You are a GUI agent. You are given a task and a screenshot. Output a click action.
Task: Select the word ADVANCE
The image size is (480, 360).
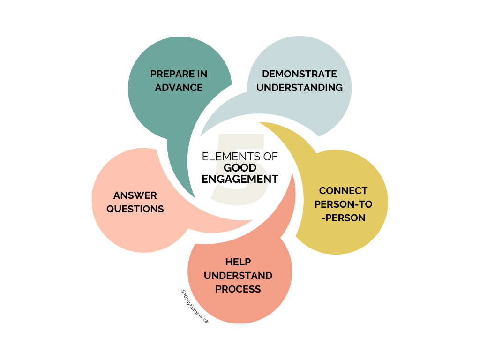click(179, 88)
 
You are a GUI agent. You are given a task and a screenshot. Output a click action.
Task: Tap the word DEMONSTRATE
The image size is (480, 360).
click(299, 74)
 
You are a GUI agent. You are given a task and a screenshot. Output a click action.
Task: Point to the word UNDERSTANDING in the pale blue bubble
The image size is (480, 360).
click(299, 88)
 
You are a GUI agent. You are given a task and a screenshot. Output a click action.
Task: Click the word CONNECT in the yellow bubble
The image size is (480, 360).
click(343, 191)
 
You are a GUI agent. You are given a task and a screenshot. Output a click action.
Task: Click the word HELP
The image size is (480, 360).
click(238, 262)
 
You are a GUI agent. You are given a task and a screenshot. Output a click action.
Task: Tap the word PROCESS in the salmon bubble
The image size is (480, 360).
click(238, 289)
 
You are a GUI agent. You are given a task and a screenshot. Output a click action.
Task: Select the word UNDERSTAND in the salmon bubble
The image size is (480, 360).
click(238, 275)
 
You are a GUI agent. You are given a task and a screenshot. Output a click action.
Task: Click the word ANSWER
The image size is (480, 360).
click(135, 195)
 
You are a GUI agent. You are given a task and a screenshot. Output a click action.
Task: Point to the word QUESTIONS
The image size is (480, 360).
click(135, 209)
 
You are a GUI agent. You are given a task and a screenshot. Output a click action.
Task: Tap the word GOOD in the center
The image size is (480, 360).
click(240, 168)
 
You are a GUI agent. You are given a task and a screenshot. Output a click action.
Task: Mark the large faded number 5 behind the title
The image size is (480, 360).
click(241, 141)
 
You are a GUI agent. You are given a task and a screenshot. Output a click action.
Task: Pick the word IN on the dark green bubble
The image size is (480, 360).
click(202, 74)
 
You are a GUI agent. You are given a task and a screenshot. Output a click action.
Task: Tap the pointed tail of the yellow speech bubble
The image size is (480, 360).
click(265, 124)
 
